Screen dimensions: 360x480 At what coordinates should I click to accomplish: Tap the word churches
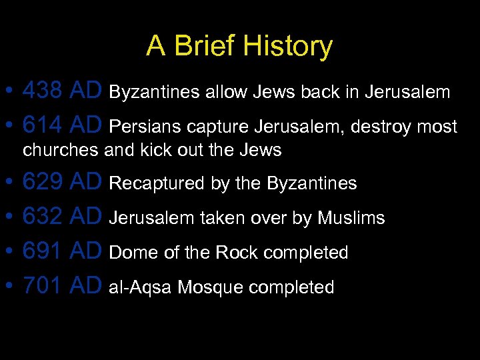60,151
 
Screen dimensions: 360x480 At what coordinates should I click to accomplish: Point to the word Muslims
351,218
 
